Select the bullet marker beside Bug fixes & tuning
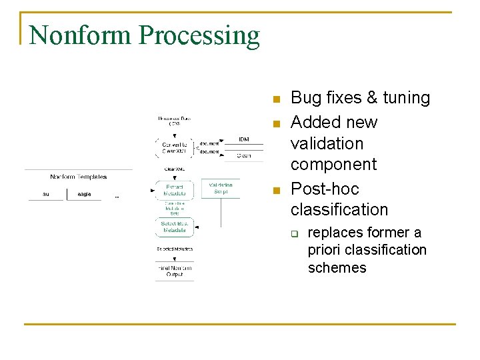pos(275,100)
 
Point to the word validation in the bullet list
pos(327,143)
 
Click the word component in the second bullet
pos(333,164)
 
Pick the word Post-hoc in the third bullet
pos(325,189)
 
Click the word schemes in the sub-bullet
pos(337,268)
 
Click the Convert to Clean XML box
pos(174,147)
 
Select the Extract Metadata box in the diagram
pos(174,190)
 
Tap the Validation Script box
pos(221,188)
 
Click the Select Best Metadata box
pos(174,227)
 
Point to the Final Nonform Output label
pos(174,271)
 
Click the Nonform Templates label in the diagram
pos(78,177)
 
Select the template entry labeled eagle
pos(84,194)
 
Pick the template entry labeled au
pos(46,194)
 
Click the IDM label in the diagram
pos(245,139)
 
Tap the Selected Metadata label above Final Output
pos(174,249)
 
